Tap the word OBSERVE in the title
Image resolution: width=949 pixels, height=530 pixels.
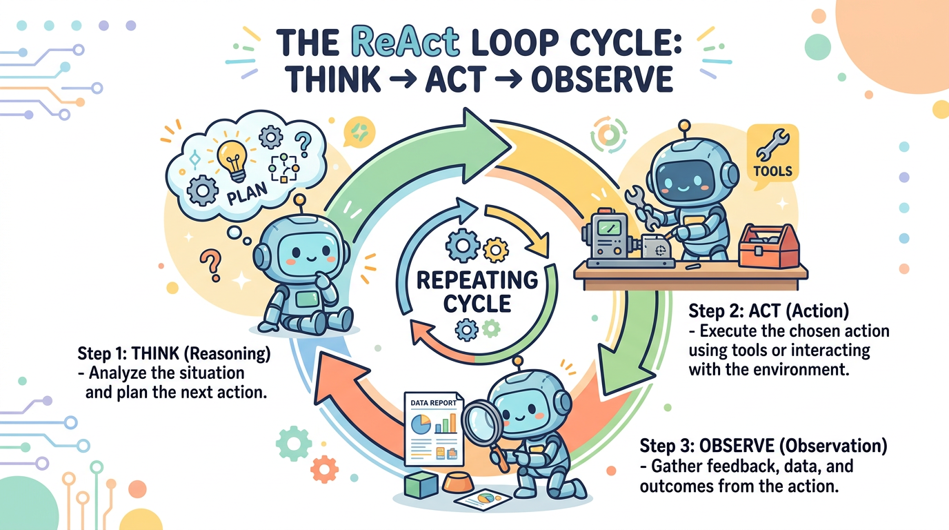tap(601, 79)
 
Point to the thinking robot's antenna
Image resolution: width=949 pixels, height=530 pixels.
tap(299, 201)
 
